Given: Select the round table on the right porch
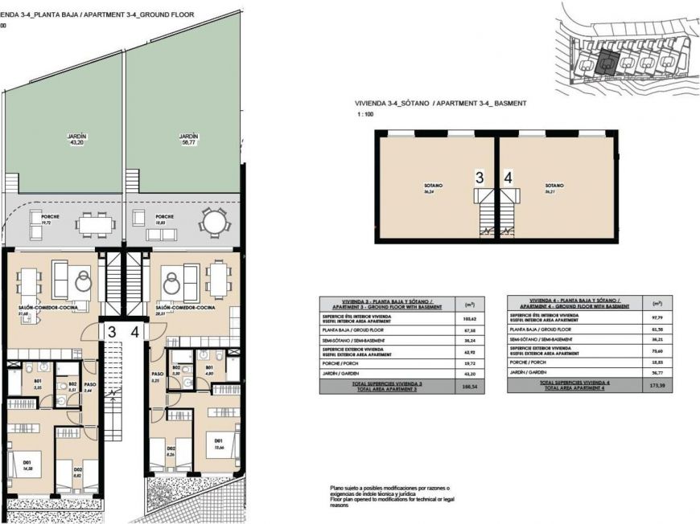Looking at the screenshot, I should pos(214,220).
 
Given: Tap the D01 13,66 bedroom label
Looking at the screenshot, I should pos(218,444).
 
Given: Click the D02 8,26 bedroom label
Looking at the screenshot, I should pos(171,451).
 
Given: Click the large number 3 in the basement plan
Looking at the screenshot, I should pos(480,178).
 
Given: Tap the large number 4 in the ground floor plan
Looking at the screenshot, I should pos(135,330).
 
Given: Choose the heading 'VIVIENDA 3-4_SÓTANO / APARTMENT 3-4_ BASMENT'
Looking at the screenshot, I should pos(440,104).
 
